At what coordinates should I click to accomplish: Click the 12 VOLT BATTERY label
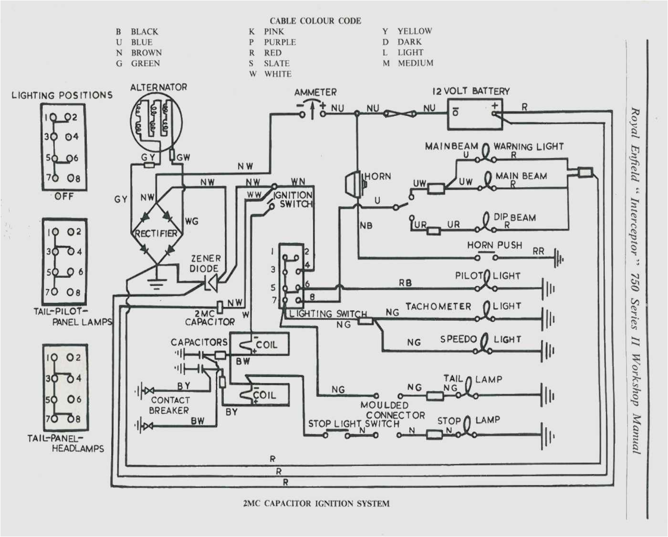point(471,91)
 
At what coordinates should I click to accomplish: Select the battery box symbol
point(474,115)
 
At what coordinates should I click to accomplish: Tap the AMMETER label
point(315,92)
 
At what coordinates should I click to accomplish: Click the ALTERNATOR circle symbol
point(156,122)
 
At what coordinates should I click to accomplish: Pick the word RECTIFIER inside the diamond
point(156,233)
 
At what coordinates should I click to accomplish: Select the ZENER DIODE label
point(205,263)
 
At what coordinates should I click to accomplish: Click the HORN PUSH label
point(494,245)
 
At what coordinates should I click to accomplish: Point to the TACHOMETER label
point(438,306)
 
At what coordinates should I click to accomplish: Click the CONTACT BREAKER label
point(169,405)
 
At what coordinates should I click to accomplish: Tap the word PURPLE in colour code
point(280,42)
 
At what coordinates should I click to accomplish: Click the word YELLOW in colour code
point(415,31)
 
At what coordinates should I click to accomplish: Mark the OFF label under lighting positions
point(63,196)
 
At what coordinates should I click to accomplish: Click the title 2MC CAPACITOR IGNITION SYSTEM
point(316,503)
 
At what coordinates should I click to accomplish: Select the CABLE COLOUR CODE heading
point(315,21)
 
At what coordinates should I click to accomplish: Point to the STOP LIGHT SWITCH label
point(354,423)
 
